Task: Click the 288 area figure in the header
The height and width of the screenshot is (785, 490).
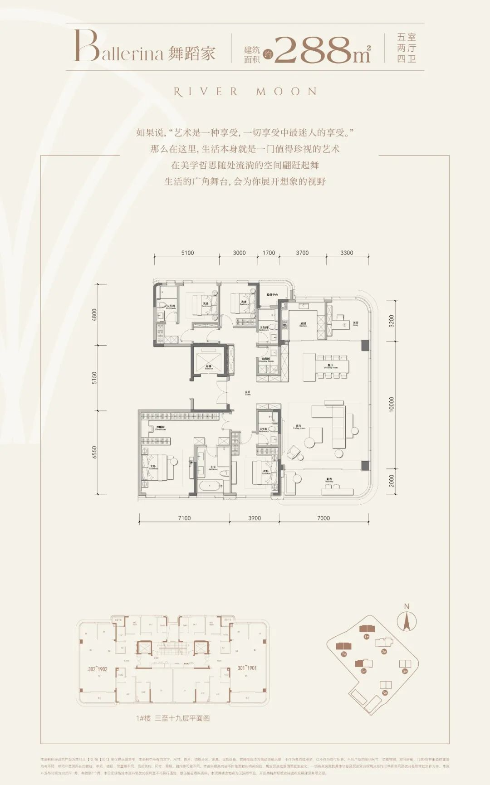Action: pyautogui.click(x=313, y=50)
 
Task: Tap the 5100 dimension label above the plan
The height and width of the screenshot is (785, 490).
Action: pyautogui.click(x=187, y=253)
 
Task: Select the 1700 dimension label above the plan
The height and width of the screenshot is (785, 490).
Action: pyautogui.click(x=269, y=253)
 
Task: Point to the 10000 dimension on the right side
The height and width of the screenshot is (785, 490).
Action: pyautogui.click(x=392, y=405)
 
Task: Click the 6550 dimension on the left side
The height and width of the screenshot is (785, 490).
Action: pyautogui.click(x=94, y=452)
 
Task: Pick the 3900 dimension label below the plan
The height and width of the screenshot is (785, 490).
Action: pyautogui.click(x=255, y=518)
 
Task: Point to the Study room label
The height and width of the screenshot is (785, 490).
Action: pyautogui.click(x=355, y=324)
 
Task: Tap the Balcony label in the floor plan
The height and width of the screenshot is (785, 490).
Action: pyautogui.click(x=329, y=480)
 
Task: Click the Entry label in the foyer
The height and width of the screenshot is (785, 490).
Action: pyautogui.click(x=248, y=393)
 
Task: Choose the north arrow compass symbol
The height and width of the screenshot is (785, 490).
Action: pyautogui.click(x=407, y=621)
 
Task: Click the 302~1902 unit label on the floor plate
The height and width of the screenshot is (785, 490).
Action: pyautogui.click(x=98, y=669)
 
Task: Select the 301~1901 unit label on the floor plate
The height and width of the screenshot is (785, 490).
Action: pyautogui.click(x=247, y=668)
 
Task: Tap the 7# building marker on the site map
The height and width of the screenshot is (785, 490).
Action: pyautogui.click(x=344, y=654)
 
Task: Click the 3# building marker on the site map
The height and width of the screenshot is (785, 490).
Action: pyautogui.click(x=405, y=671)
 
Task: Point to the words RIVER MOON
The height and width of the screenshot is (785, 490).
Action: pyautogui.click(x=245, y=92)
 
